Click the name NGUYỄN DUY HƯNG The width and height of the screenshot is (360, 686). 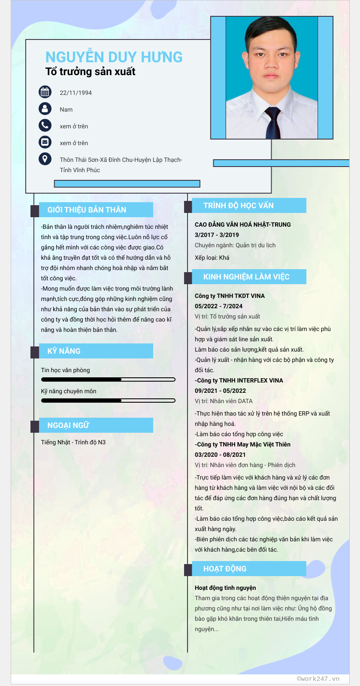[114, 57]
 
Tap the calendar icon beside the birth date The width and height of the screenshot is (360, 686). [45, 92]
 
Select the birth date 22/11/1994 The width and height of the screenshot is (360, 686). [76, 93]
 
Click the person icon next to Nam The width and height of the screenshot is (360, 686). [45, 109]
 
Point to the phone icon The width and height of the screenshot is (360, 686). [45, 125]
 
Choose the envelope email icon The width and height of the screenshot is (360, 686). [45, 142]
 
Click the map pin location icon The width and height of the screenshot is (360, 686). [45, 159]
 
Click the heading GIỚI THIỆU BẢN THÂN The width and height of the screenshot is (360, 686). [87, 210]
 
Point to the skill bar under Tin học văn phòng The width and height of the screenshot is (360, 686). [108, 379]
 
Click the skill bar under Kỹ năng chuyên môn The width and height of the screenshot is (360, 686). [108, 401]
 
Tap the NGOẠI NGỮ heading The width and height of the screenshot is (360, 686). [68, 425]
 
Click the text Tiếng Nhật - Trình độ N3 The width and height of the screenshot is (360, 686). [73, 442]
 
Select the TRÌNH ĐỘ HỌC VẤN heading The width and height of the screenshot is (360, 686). [238, 206]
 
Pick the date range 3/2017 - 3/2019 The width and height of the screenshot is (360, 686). [217, 235]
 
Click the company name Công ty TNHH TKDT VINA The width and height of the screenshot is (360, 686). [230, 296]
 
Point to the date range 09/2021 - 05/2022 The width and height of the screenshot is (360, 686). [220, 391]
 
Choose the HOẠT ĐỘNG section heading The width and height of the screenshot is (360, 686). [225, 569]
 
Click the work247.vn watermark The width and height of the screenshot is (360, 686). [318, 679]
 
